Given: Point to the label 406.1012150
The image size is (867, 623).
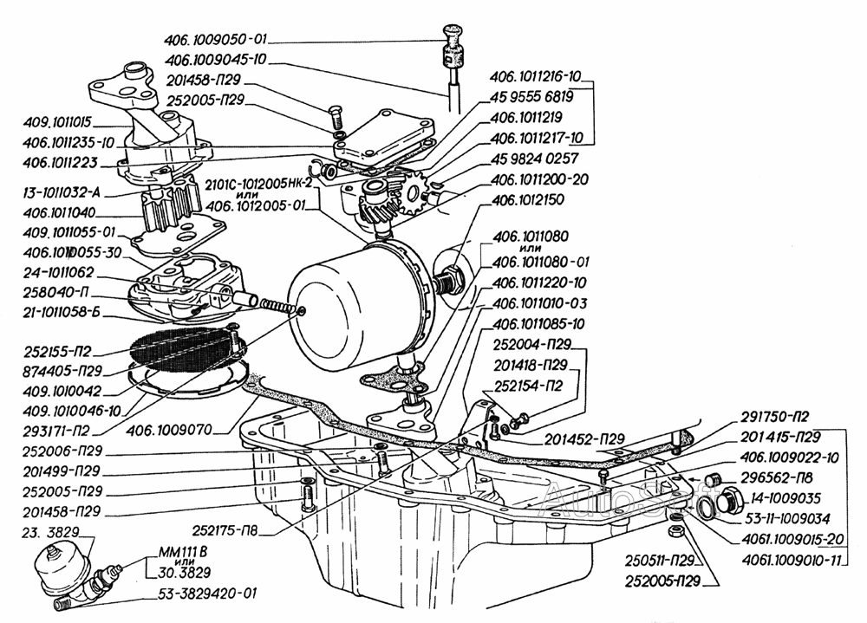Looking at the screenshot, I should (x=529, y=201).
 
